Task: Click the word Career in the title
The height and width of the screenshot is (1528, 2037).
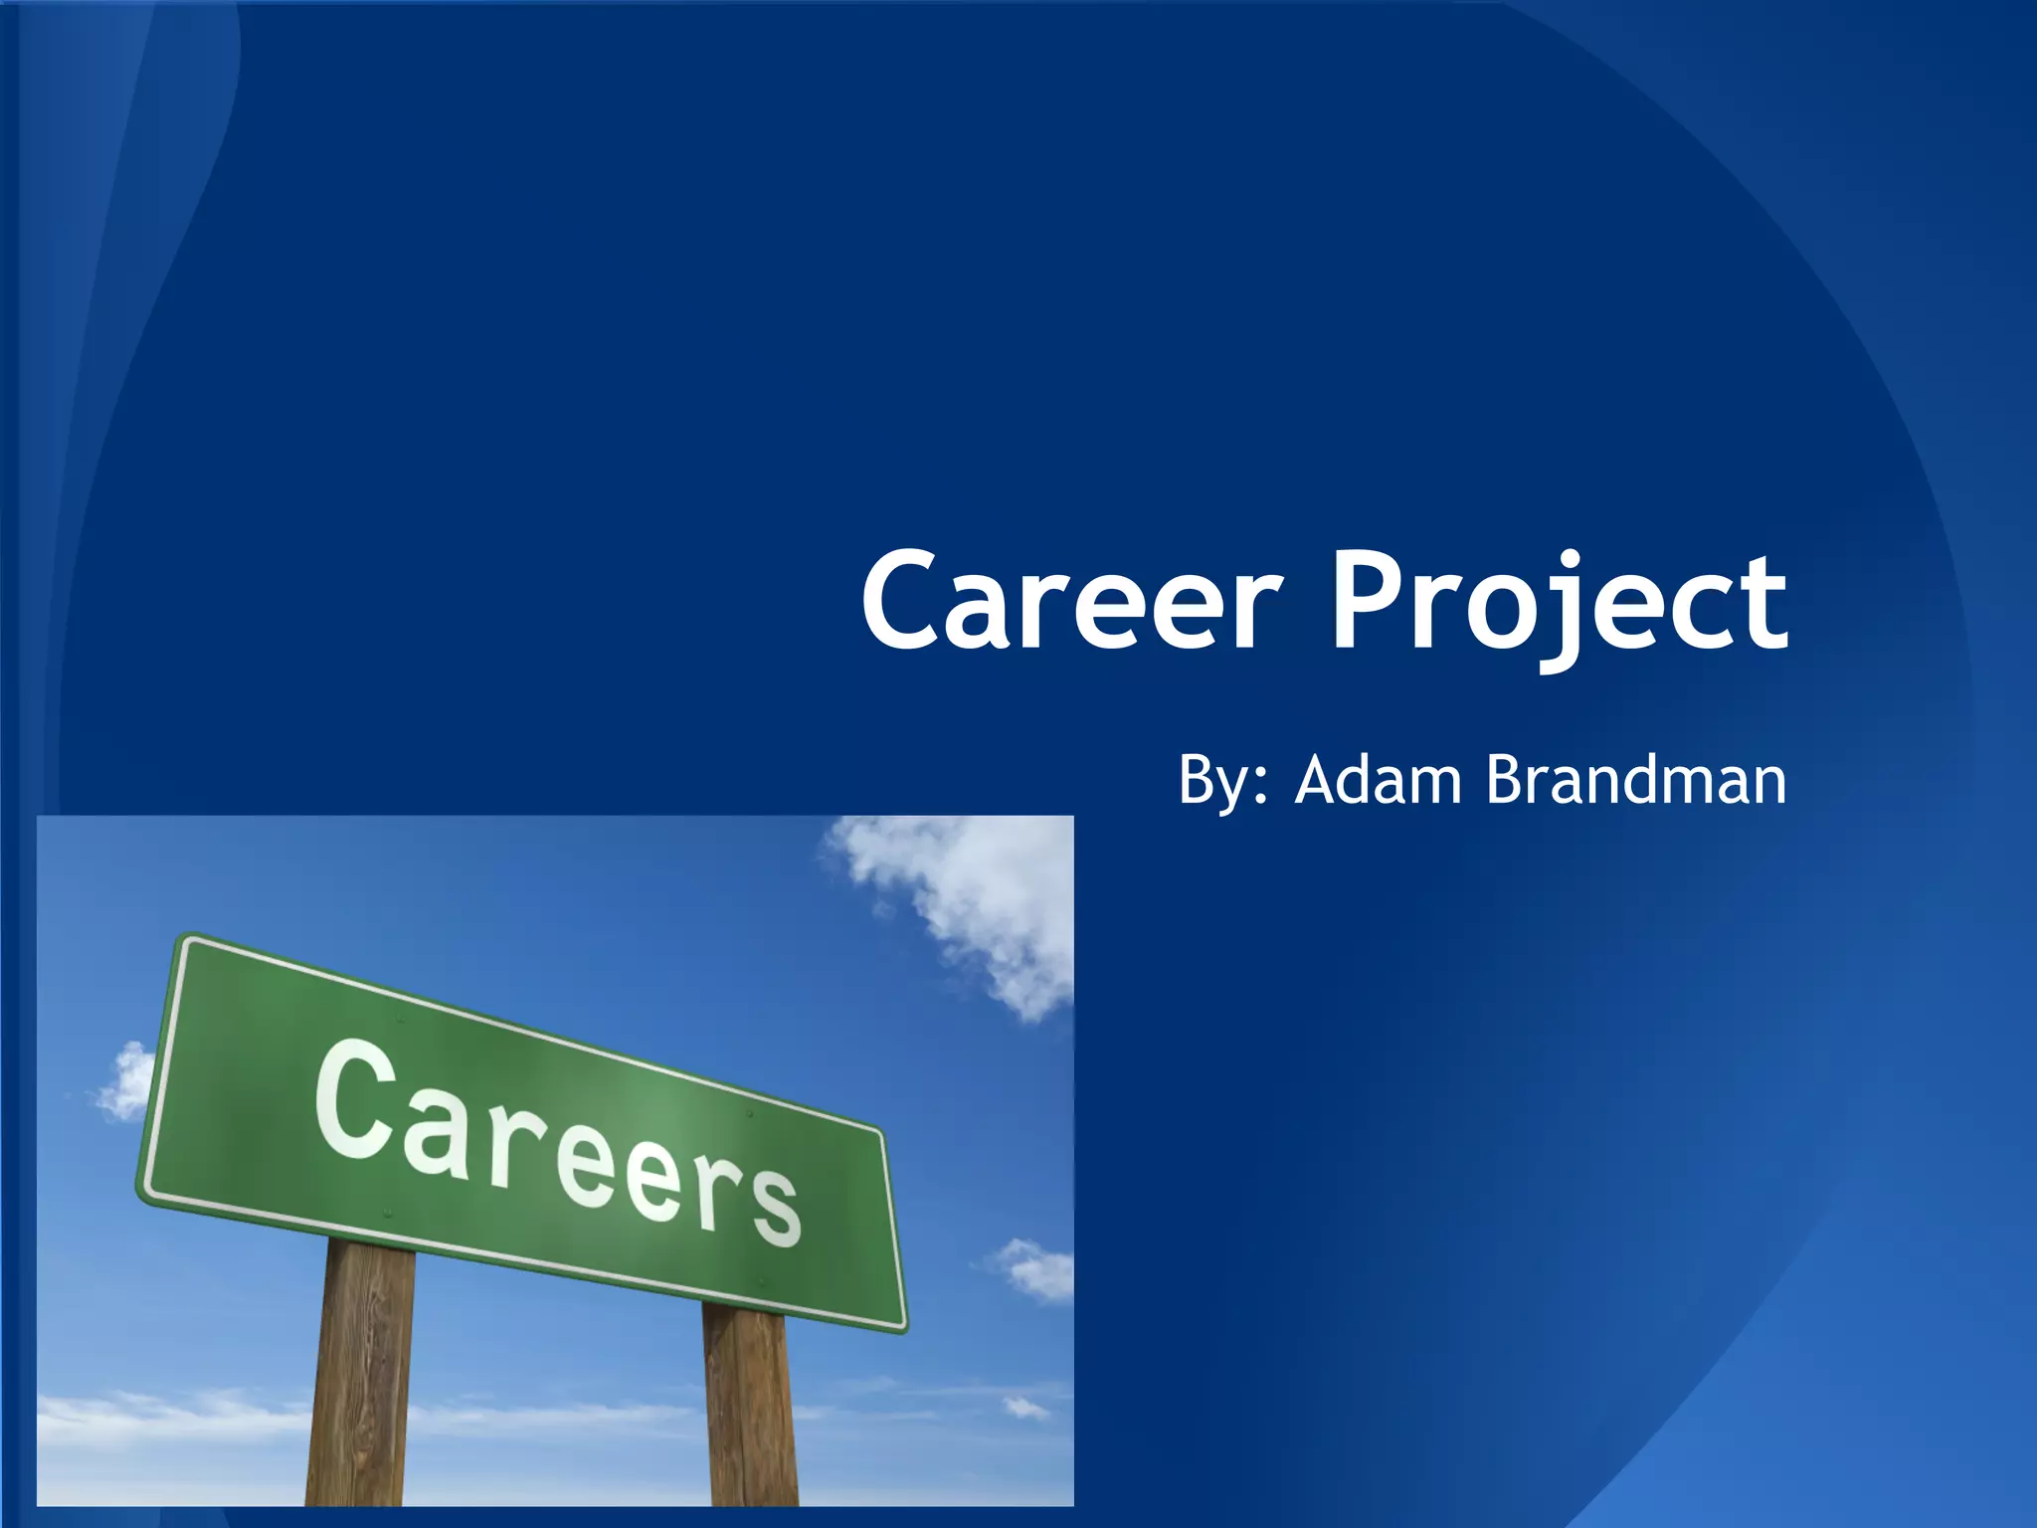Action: (x=1069, y=602)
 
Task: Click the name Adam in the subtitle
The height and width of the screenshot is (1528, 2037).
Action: (x=1379, y=781)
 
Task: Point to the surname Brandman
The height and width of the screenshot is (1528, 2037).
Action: (x=1635, y=781)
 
